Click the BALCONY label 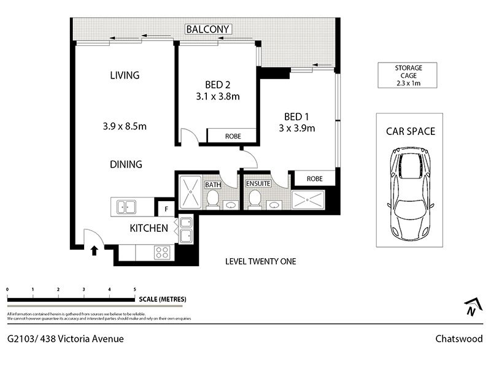click(x=207, y=29)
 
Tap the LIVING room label click(x=125, y=75)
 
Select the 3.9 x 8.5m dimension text click(x=125, y=126)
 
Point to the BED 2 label click(x=218, y=85)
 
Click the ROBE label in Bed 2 click(x=233, y=136)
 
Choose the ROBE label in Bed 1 click(x=314, y=178)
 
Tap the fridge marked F click(x=166, y=209)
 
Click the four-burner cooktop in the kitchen click(x=162, y=252)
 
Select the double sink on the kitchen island click(x=126, y=207)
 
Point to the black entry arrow click(x=95, y=251)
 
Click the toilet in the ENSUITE click(x=254, y=199)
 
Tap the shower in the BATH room click(x=190, y=192)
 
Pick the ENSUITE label click(x=258, y=183)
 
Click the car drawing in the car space click(x=410, y=194)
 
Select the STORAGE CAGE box click(x=408, y=75)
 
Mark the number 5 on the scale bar click(x=135, y=289)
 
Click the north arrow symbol click(x=473, y=307)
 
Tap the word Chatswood click(x=458, y=339)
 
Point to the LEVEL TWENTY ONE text click(x=260, y=261)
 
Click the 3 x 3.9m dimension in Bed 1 click(x=297, y=128)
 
